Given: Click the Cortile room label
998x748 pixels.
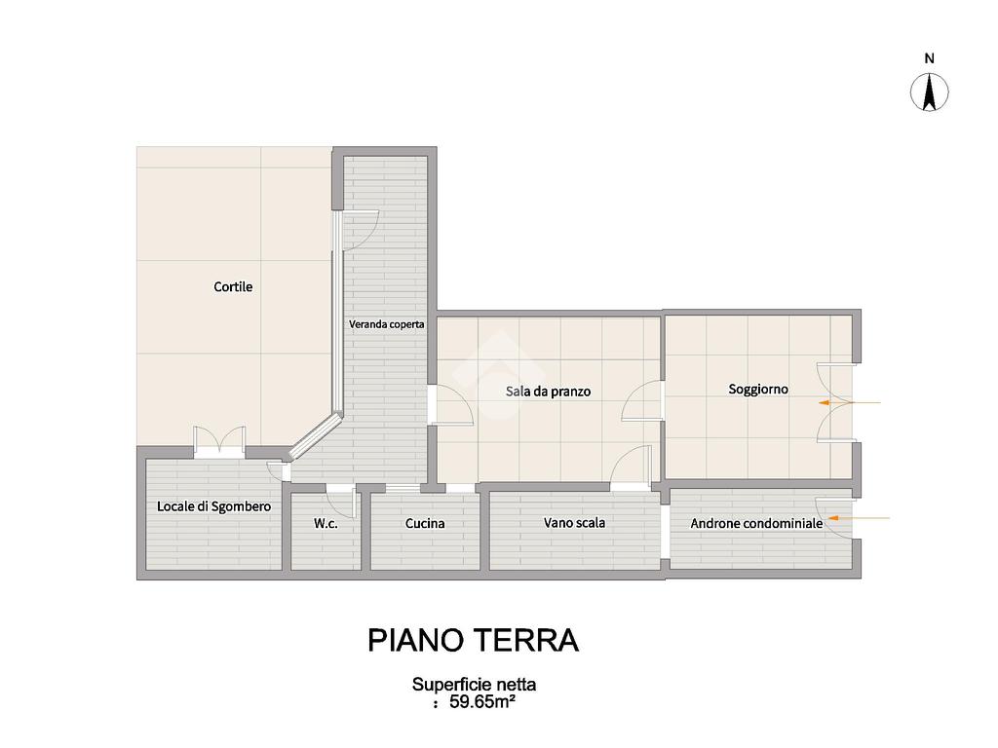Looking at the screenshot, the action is tap(233, 287).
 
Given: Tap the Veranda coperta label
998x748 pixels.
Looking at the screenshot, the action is tap(386, 324).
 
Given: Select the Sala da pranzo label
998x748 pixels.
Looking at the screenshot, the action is tap(548, 392).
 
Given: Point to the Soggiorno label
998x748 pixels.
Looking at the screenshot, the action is tap(758, 390).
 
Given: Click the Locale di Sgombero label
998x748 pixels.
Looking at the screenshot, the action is tap(213, 506).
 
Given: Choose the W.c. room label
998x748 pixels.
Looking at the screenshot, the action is tap(326, 524).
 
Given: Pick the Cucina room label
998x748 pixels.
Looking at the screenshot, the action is tap(425, 523).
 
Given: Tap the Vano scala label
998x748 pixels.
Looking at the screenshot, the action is tap(574, 523).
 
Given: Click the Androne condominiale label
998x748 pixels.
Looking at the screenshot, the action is tap(756, 523).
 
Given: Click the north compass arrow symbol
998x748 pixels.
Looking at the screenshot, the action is tap(929, 93).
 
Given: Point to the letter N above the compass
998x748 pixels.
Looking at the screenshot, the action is tap(929, 58).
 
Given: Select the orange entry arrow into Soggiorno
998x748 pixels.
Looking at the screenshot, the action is tap(850, 402).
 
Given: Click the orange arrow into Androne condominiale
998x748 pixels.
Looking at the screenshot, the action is tap(858, 518).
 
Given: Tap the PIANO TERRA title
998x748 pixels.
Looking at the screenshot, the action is tap(474, 641).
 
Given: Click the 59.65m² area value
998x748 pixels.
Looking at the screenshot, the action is tap(481, 702).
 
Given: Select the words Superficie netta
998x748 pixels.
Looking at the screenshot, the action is tap(475, 685).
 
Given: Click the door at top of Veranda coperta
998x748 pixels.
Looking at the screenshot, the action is tap(361, 230).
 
